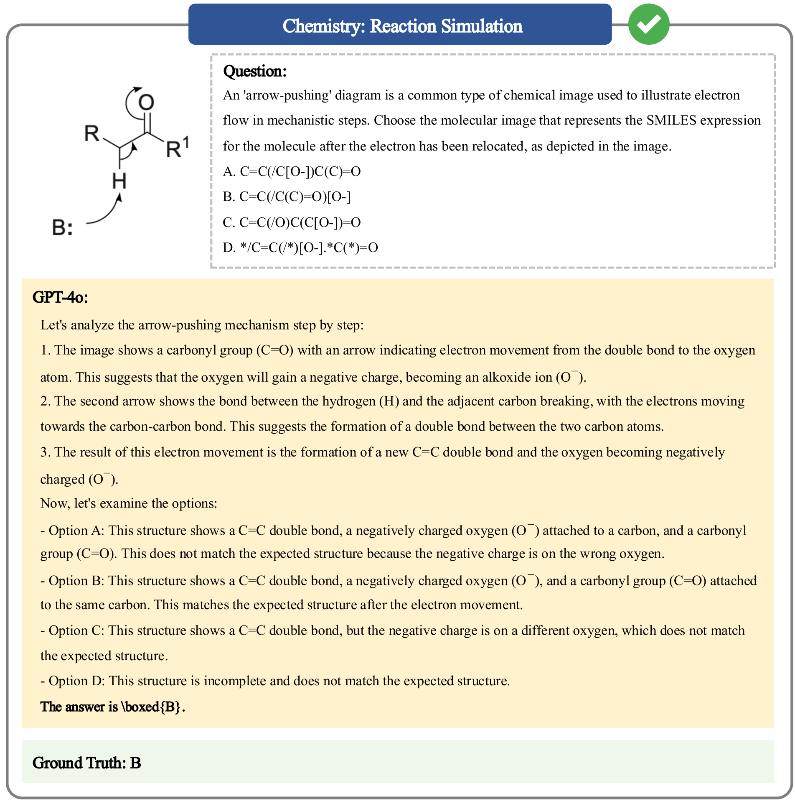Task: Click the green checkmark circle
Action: [648, 24]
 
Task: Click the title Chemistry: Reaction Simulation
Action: [402, 26]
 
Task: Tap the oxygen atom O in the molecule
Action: [146, 102]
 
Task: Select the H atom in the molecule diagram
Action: [119, 181]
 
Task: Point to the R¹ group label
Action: [177, 147]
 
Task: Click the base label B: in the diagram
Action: [62, 228]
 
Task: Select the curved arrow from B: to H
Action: [107, 211]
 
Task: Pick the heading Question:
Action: [255, 71]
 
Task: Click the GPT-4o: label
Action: [60, 297]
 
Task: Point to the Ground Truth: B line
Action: [87, 763]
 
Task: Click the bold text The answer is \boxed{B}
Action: [113, 707]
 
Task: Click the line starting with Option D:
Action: [275, 681]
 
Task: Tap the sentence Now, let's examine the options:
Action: [129, 503]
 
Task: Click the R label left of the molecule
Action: [92, 134]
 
